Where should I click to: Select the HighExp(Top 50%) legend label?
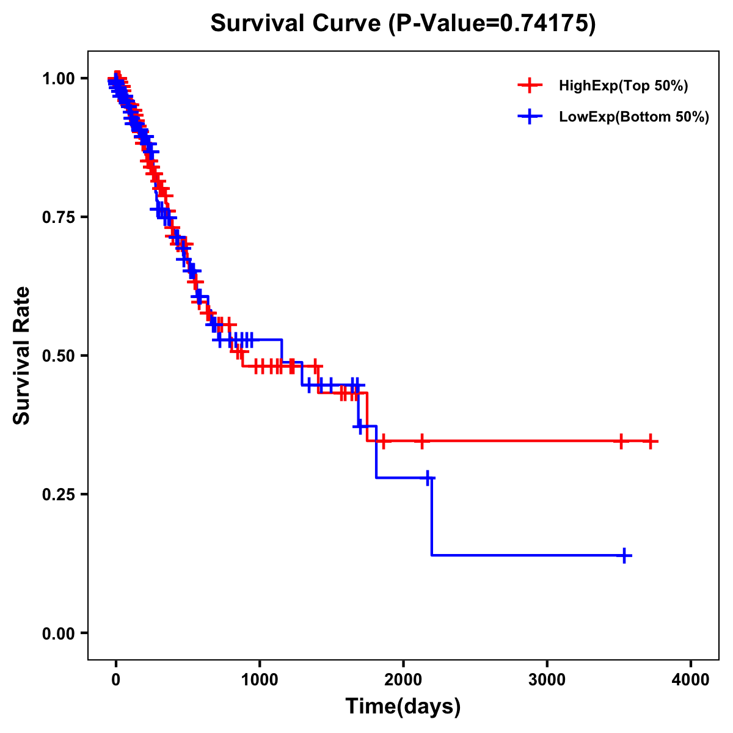tap(623, 86)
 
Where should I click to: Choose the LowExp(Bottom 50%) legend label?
tap(634, 117)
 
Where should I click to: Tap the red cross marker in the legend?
tap(530, 86)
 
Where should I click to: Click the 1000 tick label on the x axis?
tap(260, 680)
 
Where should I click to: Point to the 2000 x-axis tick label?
tap(403, 680)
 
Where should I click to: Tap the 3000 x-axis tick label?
tap(547, 680)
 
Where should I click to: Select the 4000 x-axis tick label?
tap(691, 680)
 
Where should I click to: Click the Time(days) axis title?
tap(403, 707)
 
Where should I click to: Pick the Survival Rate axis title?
tap(22, 356)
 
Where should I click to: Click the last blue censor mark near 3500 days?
tap(624, 555)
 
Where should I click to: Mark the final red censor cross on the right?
tap(651, 440)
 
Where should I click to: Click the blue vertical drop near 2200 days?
tap(432, 516)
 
